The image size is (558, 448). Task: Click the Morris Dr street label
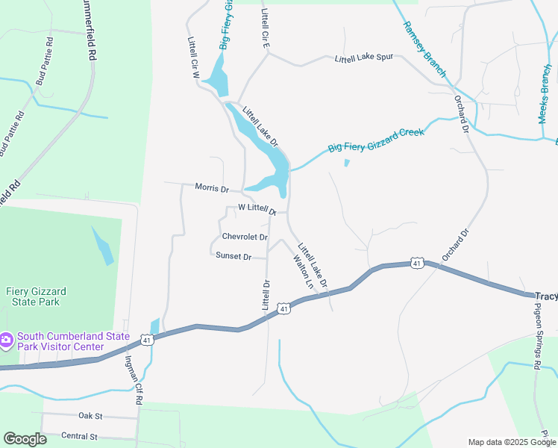(211, 187)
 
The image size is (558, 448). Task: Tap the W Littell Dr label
(257, 208)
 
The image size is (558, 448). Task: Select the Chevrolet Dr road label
(245, 237)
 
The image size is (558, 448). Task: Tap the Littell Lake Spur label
(363, 59)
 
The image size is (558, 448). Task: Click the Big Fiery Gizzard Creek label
(376, 140)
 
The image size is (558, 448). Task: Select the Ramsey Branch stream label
(424, 49)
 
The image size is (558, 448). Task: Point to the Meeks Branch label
(545, 94)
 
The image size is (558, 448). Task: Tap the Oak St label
(90, 414)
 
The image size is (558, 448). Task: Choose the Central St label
(79, 436)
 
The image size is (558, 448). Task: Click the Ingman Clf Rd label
(133, 380)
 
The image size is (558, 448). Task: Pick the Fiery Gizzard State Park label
(32, 296)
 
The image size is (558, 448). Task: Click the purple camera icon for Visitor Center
(6, 340)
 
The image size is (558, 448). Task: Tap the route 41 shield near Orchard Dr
(417, 263)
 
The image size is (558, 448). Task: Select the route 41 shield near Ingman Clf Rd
(147, 340)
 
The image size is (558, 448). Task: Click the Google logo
(25, 439)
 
